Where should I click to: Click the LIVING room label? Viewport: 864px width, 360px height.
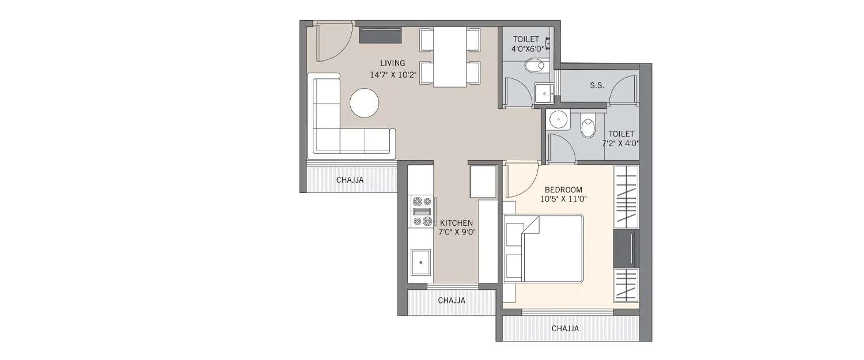tap(392, 63)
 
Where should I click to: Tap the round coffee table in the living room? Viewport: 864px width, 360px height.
tap(365, 103)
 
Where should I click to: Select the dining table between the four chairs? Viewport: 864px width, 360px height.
tap(449, 56)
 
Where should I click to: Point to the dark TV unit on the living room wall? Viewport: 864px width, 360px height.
tap(381, 35)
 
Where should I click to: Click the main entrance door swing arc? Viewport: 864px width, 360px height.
tap(334, 43)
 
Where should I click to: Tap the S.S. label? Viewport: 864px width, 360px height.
tap(597, 85)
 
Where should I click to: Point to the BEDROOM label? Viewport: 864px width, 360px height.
tap(563, 189)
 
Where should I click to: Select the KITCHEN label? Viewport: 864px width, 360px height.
tap(456, 222)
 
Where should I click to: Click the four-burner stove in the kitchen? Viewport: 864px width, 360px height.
tap(420, 211)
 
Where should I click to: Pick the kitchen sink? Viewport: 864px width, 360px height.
tap(421, 263)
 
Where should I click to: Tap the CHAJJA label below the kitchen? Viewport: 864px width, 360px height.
tap(452, 300)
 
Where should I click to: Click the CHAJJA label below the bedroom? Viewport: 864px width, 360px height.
tap(565, 329)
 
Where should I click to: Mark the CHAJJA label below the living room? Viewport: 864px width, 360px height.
tap(350, 180)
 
